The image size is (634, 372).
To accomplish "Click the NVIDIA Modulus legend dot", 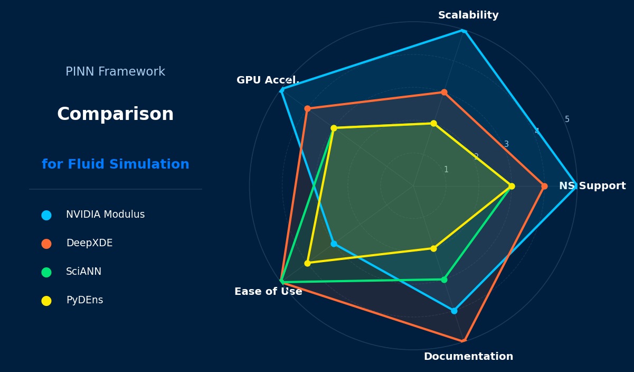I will click(x=46, y=215).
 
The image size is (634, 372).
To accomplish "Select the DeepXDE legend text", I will click(x=89, y=243).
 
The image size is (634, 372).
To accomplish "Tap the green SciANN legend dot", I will click(x=46, y=272).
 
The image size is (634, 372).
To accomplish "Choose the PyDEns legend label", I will click(x=84, y=300).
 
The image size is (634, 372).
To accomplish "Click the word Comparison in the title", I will click(x=115, y=114).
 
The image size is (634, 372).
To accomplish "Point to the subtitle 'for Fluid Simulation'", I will click(x=115, y=164).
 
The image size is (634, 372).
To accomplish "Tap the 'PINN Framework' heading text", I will click(x=115, y=72).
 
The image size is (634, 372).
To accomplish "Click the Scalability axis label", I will click(x=468, y=15).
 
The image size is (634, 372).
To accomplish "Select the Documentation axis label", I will click(x=468, y=357).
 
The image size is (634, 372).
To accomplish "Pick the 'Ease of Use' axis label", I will click(x=268, y=292).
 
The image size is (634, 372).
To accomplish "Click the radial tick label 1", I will click(x=446, y=170).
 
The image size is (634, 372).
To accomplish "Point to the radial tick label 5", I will click(x=567, y=119).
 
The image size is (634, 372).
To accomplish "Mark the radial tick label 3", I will click(x=506, y=144).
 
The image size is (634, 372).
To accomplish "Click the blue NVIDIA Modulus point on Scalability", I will click(x=463, y=31).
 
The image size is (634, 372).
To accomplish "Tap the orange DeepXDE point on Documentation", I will click(x=463, y=341).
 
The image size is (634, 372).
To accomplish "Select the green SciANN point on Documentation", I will click(x=444, y=280).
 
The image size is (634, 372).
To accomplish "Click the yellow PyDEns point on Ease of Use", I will click(x=307, y=263).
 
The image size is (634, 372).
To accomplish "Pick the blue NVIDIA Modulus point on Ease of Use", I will click(x=334, y=244).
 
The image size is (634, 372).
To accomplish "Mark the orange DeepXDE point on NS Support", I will click(x=544, y=186).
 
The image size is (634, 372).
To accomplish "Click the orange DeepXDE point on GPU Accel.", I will click(x=307, y=109).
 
